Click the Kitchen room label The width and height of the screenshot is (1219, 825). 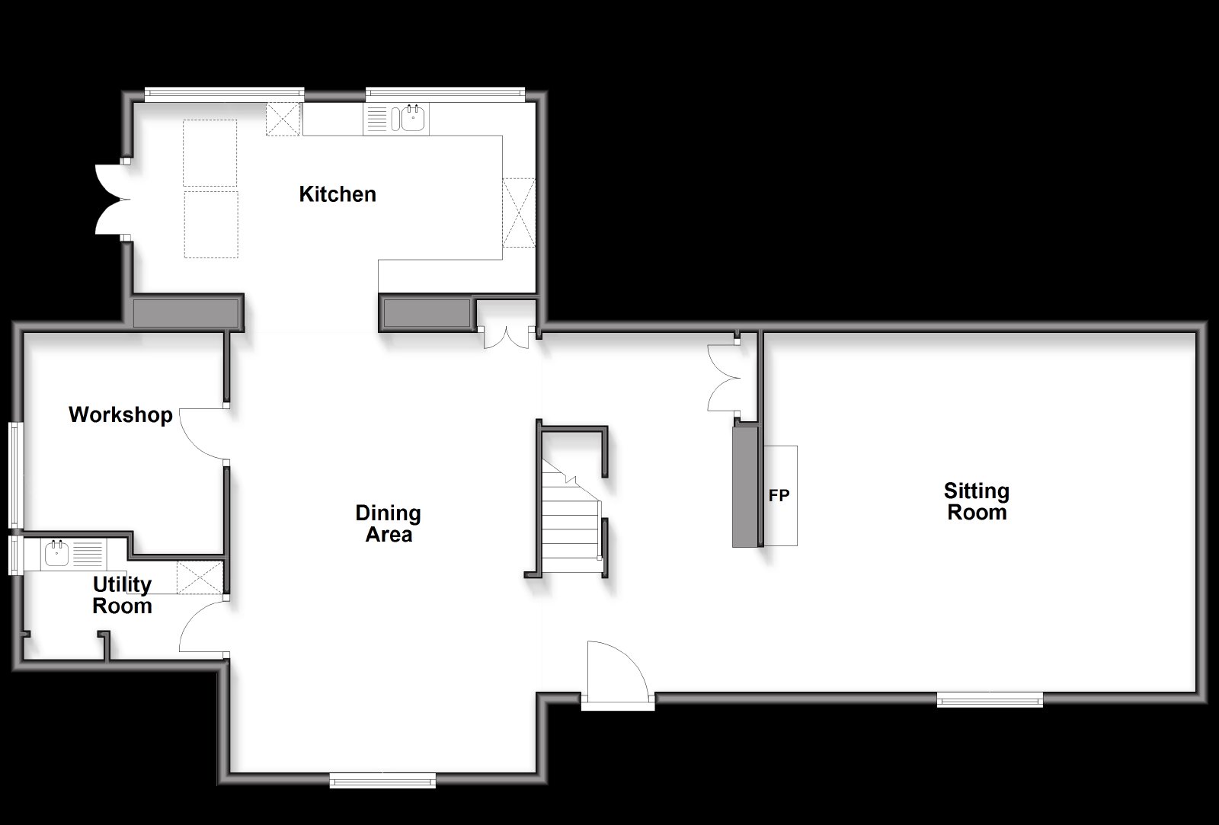[x=338, y=194]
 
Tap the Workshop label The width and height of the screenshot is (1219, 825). [x=120, y=414]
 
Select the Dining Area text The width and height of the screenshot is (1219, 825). [x=389, y=523]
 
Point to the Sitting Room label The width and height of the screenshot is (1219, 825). [x=977, y=501]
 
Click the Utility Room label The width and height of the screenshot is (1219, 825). [x=122, y=595]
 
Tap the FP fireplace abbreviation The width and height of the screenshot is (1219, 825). [x=779, y=495]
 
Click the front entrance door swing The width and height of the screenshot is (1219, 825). [x=618, y=670]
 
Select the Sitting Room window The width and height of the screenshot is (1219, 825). [x=990, y=699]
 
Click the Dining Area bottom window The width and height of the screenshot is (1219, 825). [x=382, y=780]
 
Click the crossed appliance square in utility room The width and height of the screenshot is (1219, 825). [x=200, y=577]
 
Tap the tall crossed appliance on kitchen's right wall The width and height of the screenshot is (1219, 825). [x=519, y=213]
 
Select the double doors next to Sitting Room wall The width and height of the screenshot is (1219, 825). [x=724, y=377]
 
